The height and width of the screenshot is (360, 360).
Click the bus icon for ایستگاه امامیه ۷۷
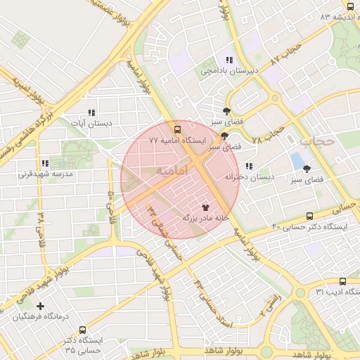coord(176,129)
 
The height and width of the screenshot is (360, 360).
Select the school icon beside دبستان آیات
coord(91,112)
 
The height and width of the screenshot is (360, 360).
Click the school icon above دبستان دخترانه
coord(248,167)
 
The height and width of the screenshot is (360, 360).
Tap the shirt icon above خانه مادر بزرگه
coord(205,207)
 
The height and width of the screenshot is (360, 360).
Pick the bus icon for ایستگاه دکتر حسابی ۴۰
coord(310,217)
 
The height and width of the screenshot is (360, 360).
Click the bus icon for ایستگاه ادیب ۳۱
coord(342,281)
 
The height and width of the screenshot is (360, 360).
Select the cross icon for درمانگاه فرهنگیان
coord(40,306)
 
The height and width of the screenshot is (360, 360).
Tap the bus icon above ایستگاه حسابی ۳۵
coord(83,330)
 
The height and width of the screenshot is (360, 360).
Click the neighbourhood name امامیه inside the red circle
coord(172,171)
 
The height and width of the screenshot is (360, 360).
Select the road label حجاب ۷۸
coord(268,132)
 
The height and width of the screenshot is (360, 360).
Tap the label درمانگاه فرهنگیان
coord(43,317)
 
